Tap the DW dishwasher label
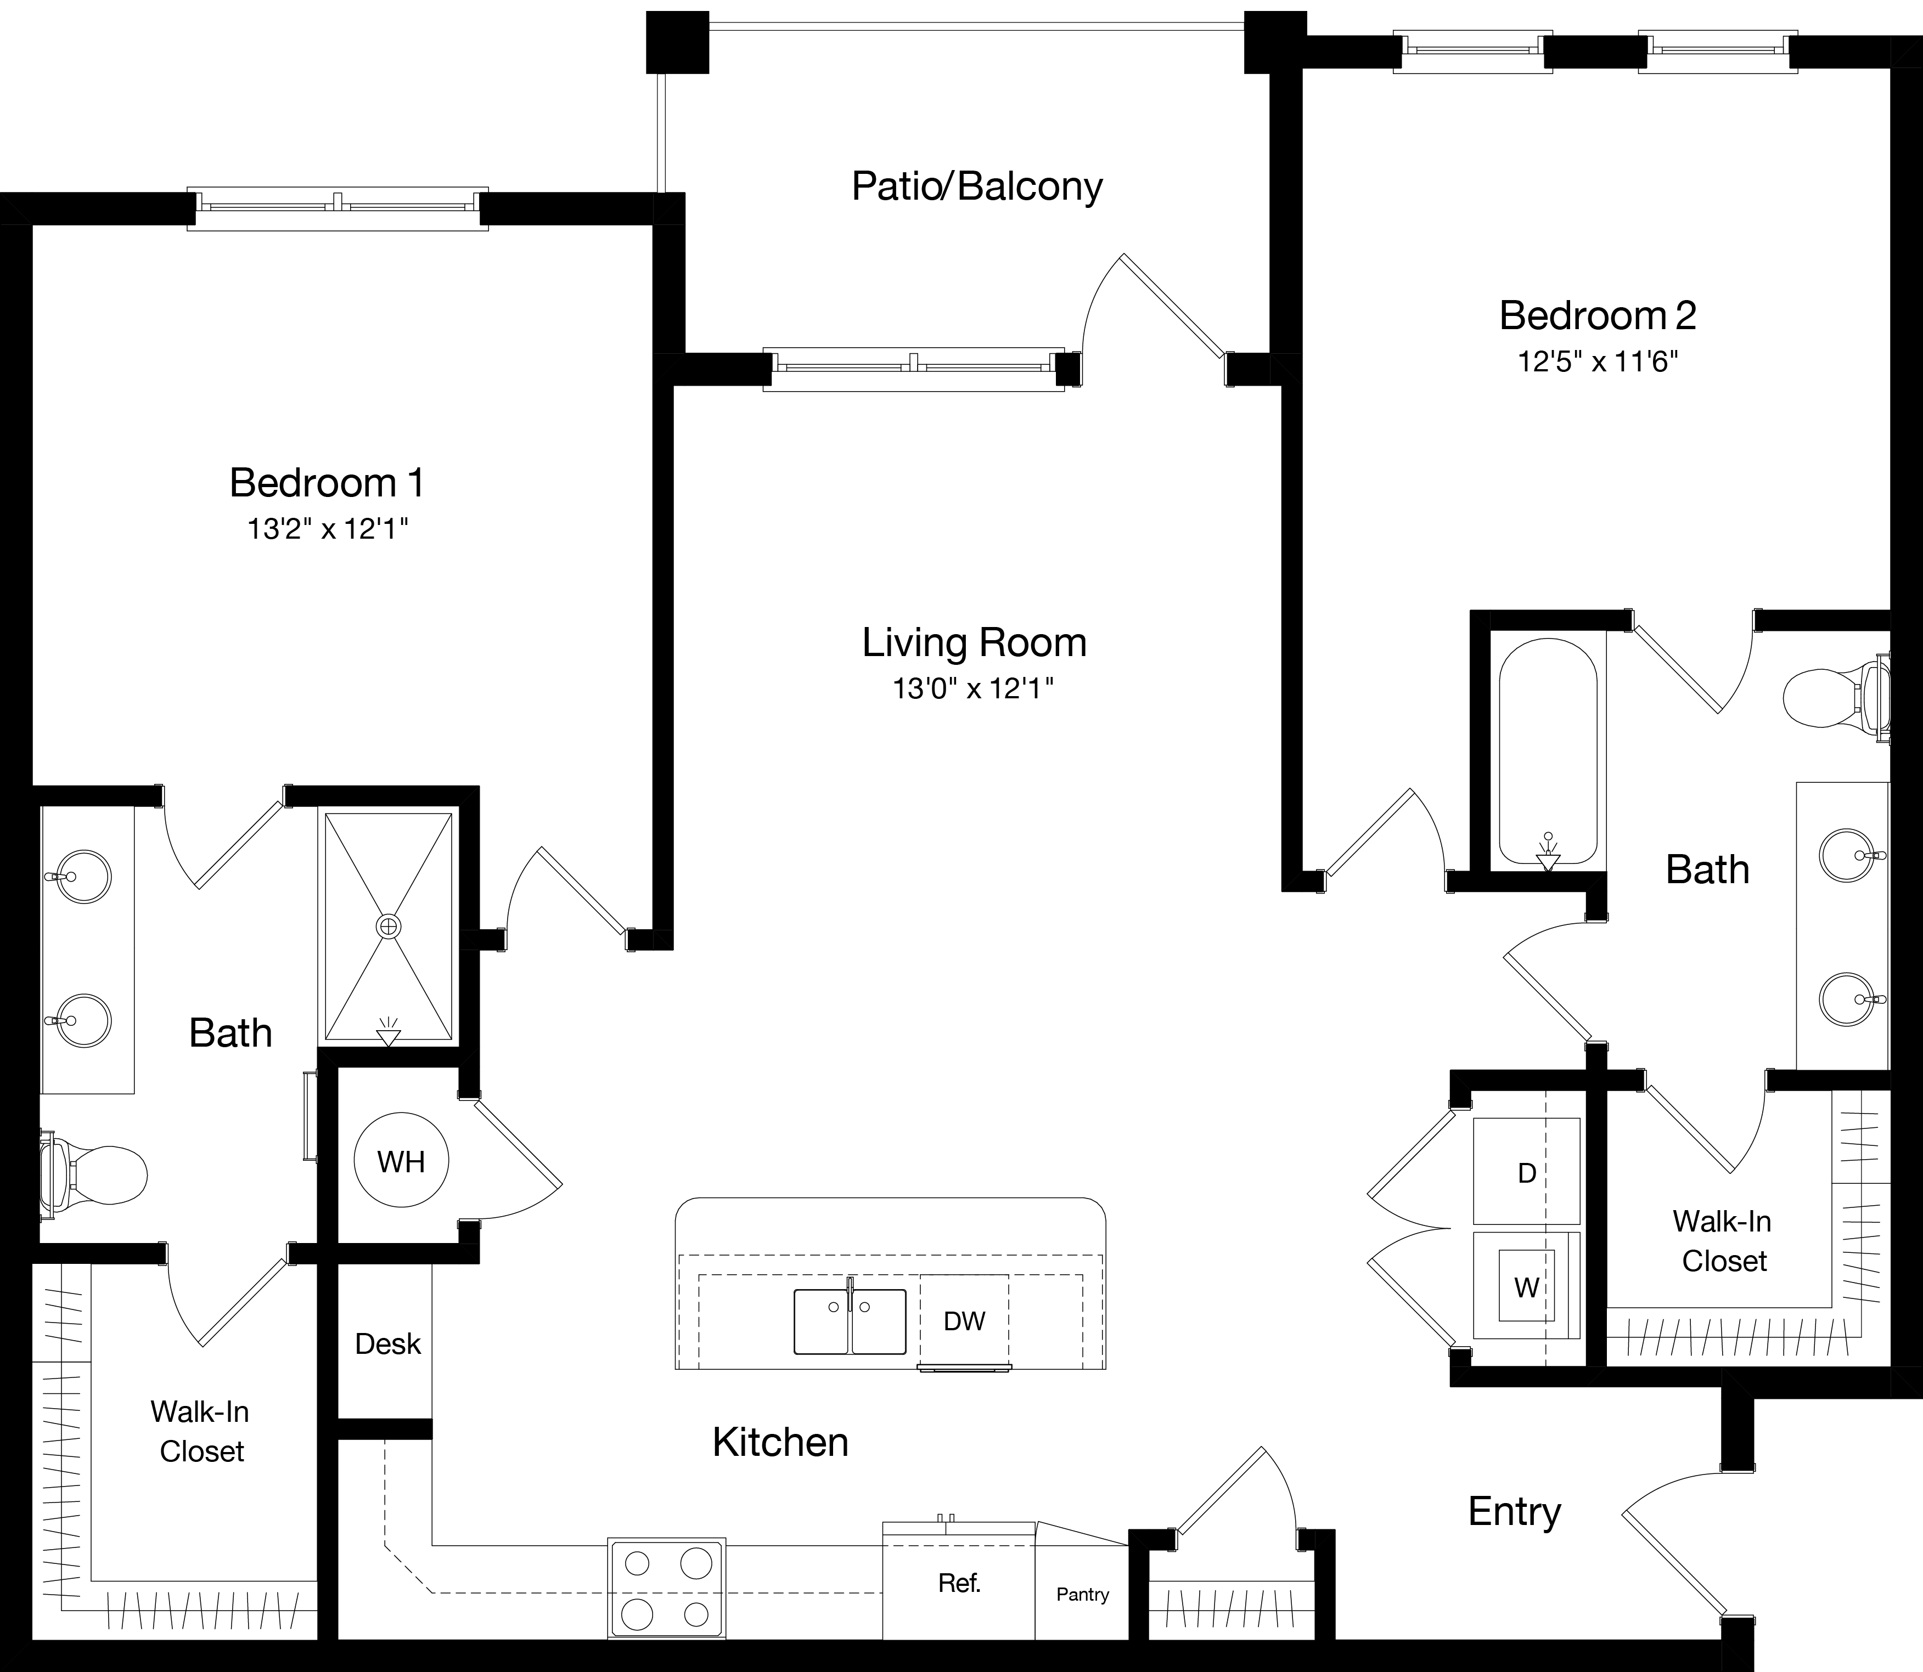coord(964,1320)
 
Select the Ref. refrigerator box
coord(959,1583)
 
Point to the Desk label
coord(387,1343)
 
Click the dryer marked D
coord(1526,1173)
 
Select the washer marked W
coord(1526,1287)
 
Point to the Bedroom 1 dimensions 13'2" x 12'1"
coord(328,529)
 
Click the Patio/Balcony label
coord(976,187)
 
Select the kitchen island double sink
coord(850,1321)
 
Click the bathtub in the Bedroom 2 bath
coord(1548,751)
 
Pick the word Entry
coord(1514,1511)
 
